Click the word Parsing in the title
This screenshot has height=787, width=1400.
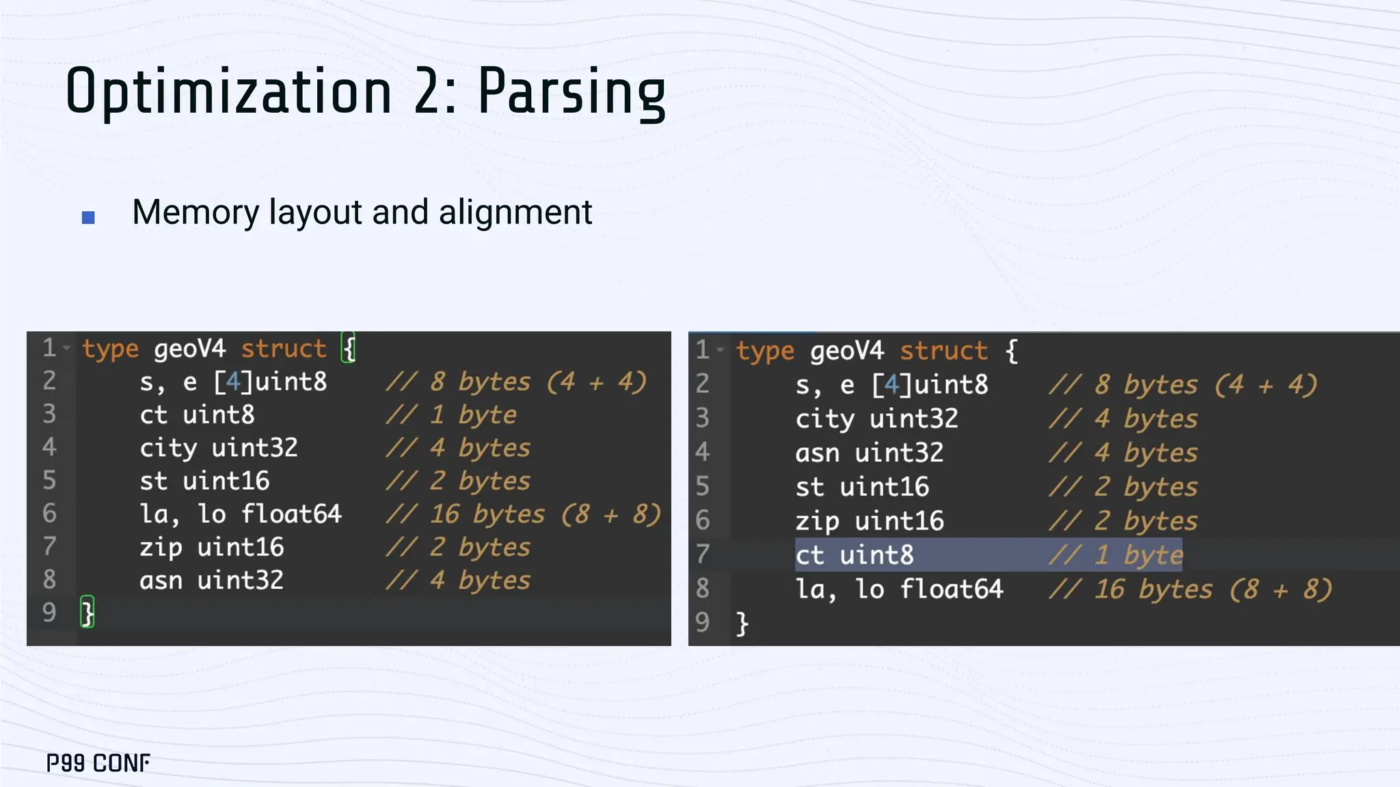(x=571, y=92)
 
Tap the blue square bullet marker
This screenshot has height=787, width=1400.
(x=88, y=217)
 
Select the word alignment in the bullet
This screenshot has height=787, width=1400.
(x=515, y=212)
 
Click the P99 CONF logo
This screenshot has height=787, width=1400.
(x=98, y=762)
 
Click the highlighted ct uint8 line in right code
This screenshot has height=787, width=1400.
(x=854, y=555)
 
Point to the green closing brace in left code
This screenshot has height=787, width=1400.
(x=87, y=612)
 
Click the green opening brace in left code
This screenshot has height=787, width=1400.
(x=349, y=348)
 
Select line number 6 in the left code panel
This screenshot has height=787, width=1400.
(x=49, y=514)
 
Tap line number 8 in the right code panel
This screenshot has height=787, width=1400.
(x=703, y=589)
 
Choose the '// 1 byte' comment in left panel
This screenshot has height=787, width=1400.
(x=451, y=415)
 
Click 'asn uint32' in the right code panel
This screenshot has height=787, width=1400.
(x=869, y=453)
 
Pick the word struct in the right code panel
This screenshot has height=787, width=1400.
(x=943, y=351)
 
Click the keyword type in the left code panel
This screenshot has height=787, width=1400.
(x=110, y=349)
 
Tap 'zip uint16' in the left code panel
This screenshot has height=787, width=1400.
(x=211, y=547)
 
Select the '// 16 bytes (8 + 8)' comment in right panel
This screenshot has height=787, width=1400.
(x=1190, y=590)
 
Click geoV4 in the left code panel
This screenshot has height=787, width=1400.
(x=189, y=349)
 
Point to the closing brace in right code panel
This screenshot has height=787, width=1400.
(x=742, y=624)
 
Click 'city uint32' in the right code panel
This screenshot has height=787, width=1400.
(x=876, y=419)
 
